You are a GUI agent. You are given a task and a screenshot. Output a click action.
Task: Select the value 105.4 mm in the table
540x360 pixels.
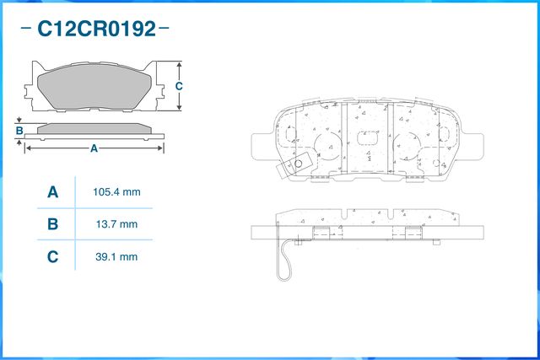click(x=116, y=192)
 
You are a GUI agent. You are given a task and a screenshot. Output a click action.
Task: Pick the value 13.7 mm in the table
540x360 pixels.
click(x=116, y=224)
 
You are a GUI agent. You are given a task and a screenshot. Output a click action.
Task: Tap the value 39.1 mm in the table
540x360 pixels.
click(x=116, y=256)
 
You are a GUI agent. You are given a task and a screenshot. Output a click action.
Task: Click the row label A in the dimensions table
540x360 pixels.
click(x=52, y=192)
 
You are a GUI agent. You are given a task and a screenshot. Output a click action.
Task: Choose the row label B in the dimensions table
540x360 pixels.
click(x=52, y=224)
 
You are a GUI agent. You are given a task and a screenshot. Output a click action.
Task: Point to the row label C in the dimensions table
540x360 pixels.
click(x=52, y=256)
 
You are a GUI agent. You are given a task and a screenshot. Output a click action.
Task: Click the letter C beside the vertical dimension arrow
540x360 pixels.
click(x=180, y=86)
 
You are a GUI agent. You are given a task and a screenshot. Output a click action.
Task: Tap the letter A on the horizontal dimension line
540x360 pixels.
click(x=94, y=148)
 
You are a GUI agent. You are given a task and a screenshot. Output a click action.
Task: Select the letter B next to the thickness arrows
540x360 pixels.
click(x=19, y=131)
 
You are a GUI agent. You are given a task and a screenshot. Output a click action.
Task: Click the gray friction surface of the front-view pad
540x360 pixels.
click(x=94, y=85)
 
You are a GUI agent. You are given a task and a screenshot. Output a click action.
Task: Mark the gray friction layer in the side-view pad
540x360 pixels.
click(x=94, y=128)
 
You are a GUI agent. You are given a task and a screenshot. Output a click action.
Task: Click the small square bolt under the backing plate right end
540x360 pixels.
click(x=435, y=243)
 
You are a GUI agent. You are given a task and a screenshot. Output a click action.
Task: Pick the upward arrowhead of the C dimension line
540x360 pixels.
click(x=180, y=65)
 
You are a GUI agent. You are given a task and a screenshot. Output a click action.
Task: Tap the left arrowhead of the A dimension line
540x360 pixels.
click(x=28, y=148)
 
